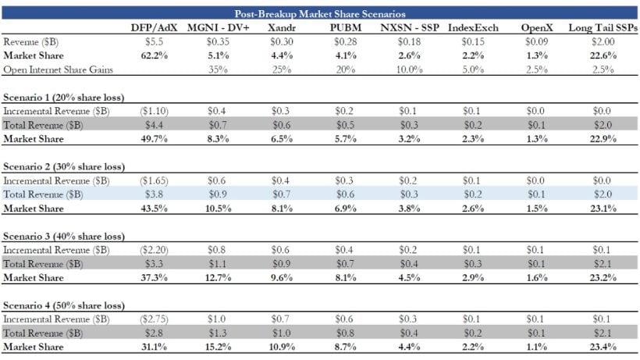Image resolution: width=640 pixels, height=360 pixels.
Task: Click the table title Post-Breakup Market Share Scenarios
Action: click(319, 13)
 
